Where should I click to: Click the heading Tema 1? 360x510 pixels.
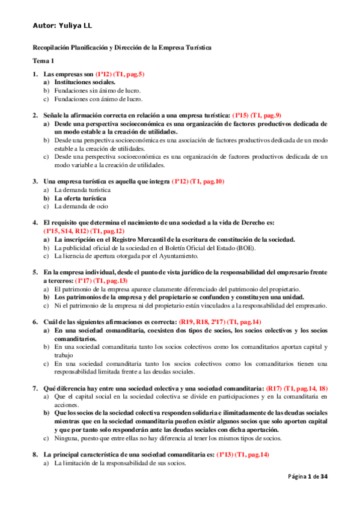(x=43, y=61)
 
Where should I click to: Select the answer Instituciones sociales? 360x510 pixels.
(x=85, y=82)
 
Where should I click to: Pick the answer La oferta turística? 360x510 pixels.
(x=81, y=198)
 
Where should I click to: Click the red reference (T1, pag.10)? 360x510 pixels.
(x=207, y=181)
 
